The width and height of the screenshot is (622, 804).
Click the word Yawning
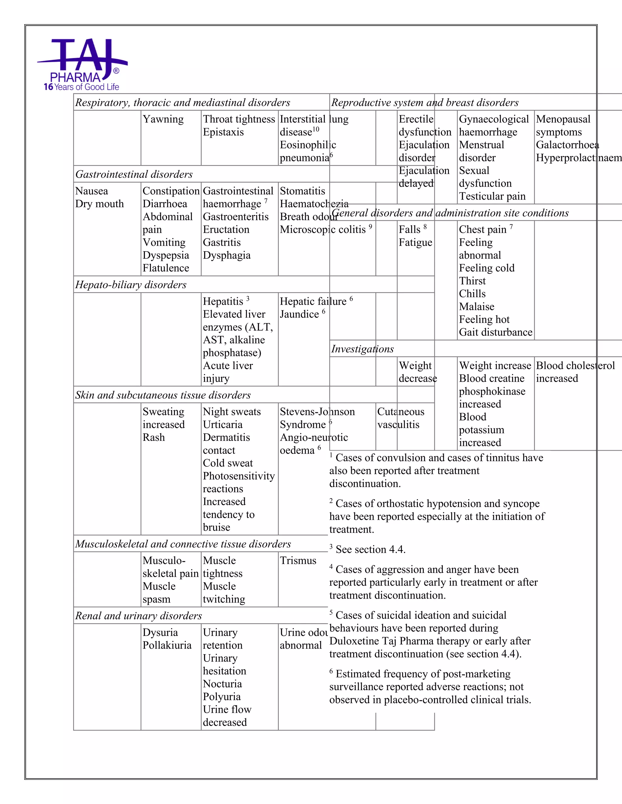coord(163,119)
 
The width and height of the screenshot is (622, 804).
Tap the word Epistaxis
coord(223,132)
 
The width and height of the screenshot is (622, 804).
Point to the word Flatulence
coord(166,268)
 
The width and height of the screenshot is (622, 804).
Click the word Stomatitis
coord(302,191)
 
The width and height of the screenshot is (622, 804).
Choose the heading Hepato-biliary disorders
coord(131,285)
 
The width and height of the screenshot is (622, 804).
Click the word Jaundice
coord(299,314)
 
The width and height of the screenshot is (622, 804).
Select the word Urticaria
coord(223,424)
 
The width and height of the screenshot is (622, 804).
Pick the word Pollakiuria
coord(167,645)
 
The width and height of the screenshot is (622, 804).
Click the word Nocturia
coord(222,684)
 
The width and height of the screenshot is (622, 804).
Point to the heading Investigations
coord(362,349)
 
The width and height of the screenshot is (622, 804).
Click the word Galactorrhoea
coord(567,145)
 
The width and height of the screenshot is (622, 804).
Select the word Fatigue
coord(415,243)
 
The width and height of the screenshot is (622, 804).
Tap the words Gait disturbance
coord(495,333)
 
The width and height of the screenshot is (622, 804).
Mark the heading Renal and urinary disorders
coord(138,616)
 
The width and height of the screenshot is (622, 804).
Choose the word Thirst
coord(472,281)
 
